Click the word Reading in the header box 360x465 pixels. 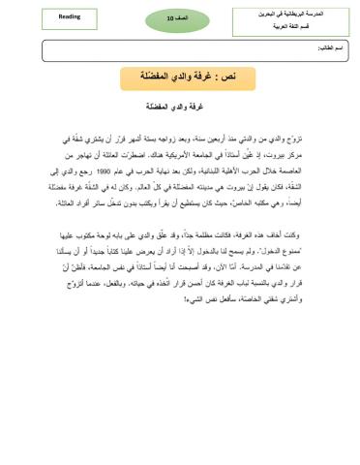click(43, 16)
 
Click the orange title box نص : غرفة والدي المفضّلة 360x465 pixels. click(188, 76)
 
